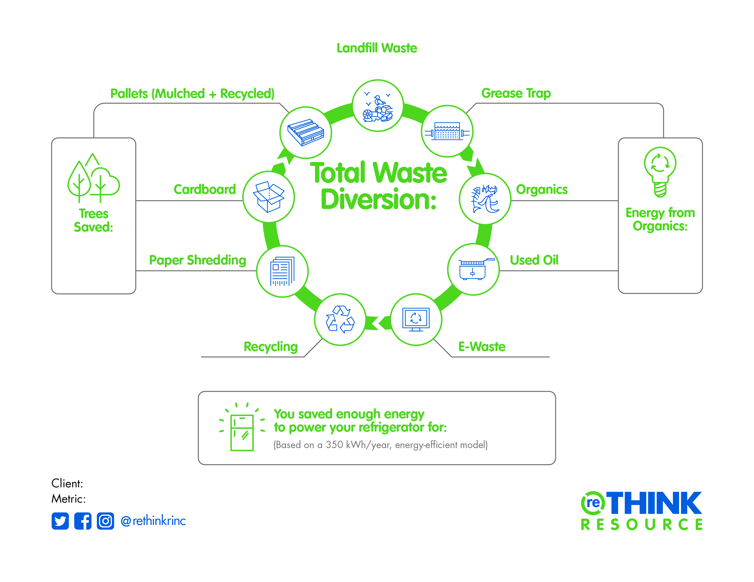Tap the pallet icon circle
coord(306,133)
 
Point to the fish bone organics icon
coord(485,199)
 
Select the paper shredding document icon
coord(282,271)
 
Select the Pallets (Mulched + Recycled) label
coord(192,94)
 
